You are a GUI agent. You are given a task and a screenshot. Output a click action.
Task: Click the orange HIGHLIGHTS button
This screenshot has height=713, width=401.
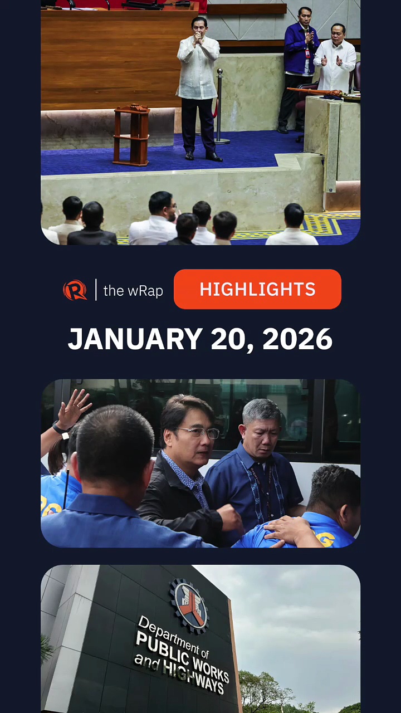point(257,289)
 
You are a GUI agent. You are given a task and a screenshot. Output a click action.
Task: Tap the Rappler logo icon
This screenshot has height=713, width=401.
point(75,290)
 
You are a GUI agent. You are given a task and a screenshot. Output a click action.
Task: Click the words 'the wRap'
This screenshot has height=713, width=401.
point(133,290)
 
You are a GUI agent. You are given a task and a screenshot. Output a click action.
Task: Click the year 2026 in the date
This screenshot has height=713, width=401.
point(297,339)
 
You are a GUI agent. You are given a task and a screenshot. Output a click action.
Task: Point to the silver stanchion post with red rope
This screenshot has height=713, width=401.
point(219,106)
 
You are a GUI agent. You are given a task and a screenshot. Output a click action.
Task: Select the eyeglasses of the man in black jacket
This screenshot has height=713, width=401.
point(199,432)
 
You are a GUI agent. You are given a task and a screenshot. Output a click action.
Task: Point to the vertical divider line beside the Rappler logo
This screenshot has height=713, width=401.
point(95,290)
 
